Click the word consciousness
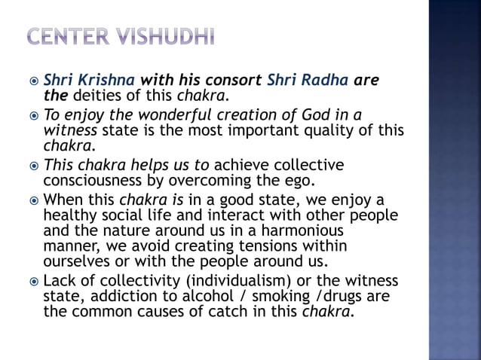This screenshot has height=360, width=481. coord(95,181)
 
